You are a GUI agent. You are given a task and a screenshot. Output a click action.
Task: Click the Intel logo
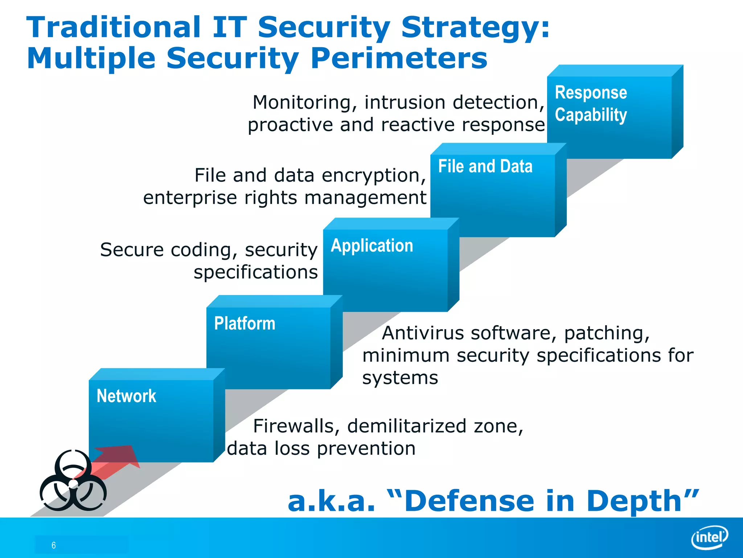pos(710,537)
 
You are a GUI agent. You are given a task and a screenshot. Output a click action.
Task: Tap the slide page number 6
pos(54,545)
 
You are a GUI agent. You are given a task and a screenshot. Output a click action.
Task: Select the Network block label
pos(126,396)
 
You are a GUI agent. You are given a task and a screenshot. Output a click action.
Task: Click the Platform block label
pos(245,323)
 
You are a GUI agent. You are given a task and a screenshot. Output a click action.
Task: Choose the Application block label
pos(372,246)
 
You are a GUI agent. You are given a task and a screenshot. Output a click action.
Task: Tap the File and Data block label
pos(485,166)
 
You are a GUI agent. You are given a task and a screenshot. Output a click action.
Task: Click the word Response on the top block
pos(591,92)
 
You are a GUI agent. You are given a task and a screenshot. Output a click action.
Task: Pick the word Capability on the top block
pos(591,115)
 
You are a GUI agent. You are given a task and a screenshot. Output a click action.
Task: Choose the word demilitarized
pos(407,426)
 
